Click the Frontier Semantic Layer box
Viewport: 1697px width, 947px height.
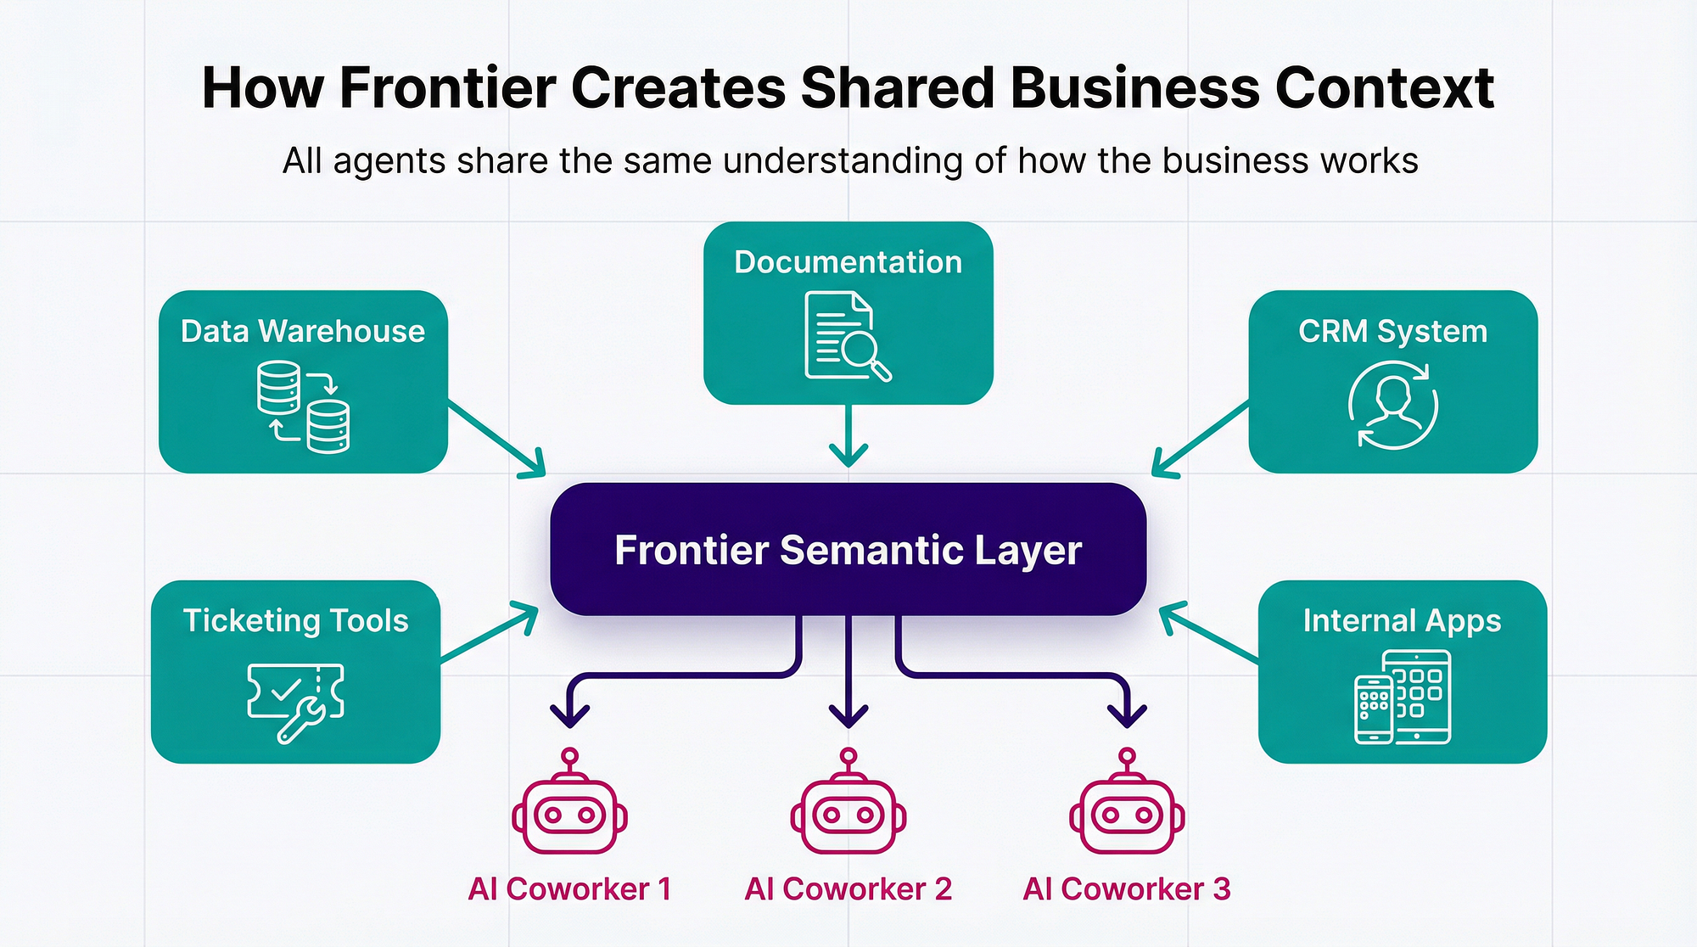coord(848,549)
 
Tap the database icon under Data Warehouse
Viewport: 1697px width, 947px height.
coord(303,406)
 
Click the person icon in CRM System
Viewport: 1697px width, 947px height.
coord(1392,405)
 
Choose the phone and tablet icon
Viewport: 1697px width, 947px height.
coord(1403,697)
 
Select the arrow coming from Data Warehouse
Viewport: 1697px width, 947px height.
coord(496,438)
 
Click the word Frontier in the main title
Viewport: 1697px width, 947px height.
coord(448,88)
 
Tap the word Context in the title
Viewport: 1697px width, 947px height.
coord(1384,88)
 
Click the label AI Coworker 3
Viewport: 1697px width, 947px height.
coord(1127,888)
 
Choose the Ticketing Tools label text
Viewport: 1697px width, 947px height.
coord(295,620)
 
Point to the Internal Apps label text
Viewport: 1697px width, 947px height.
coord(1402,620)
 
